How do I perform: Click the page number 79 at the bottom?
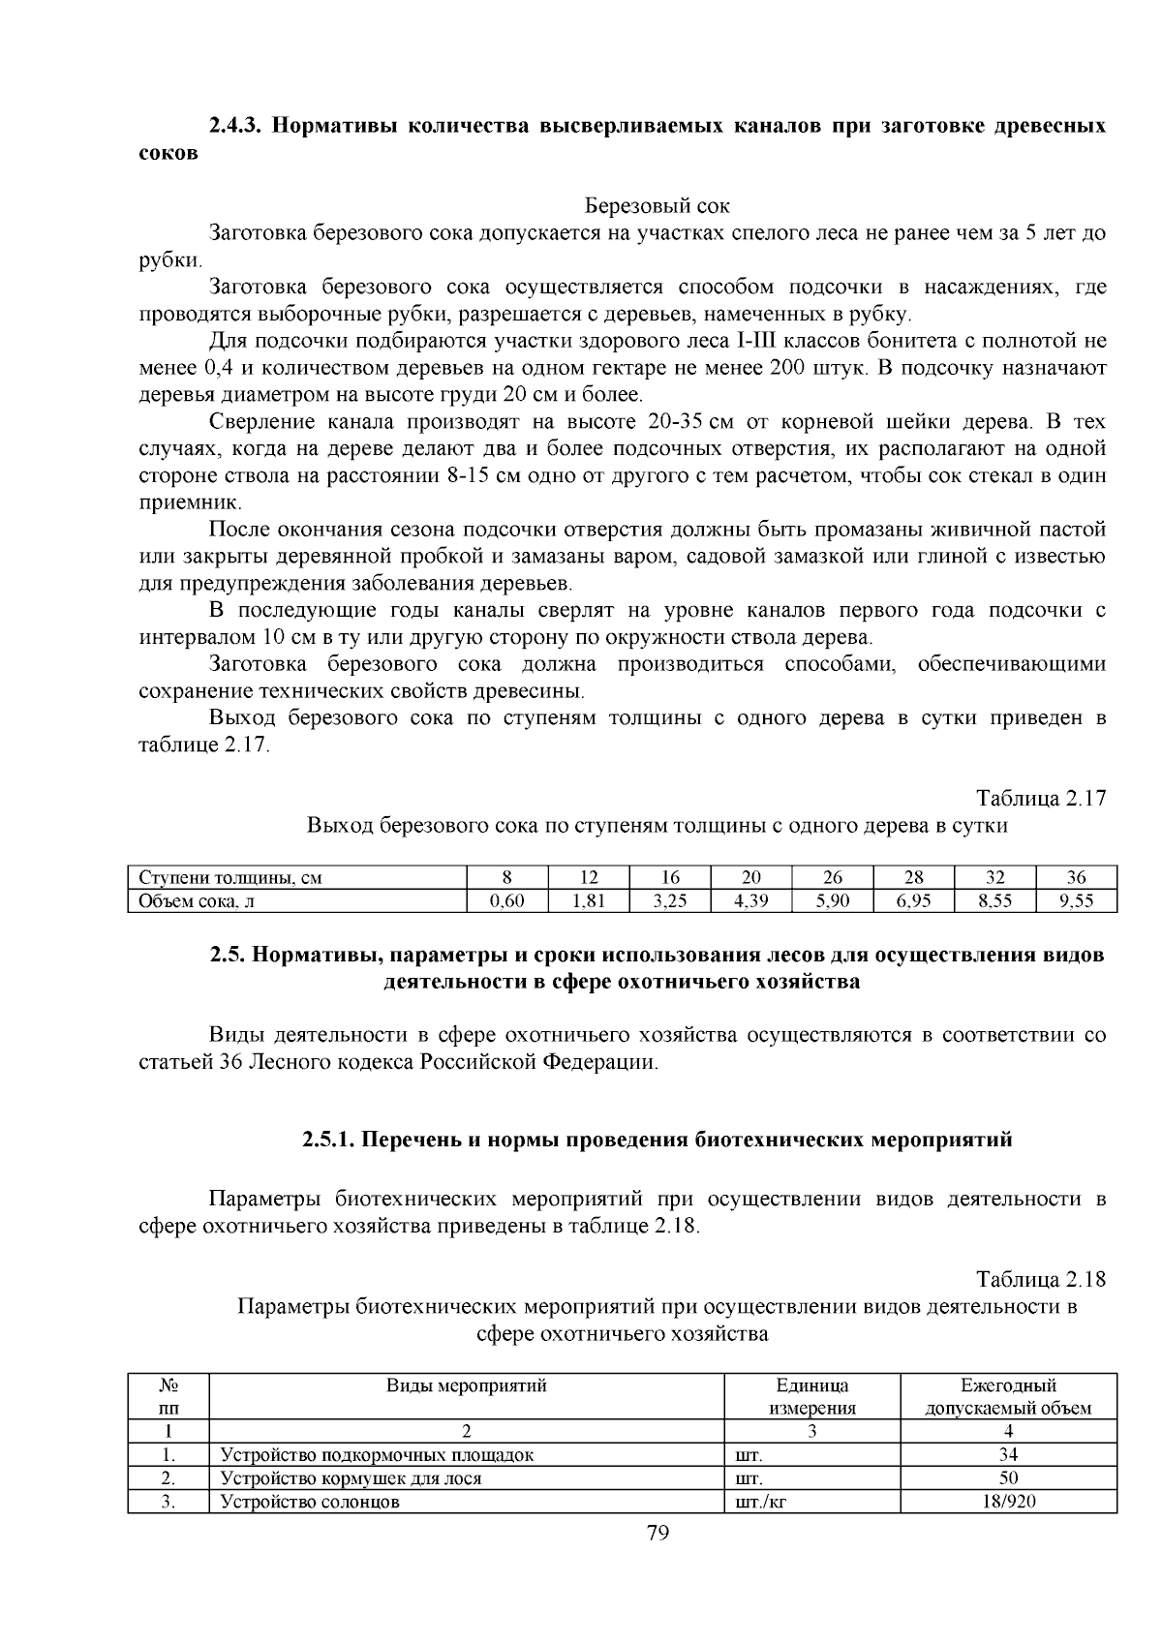point(657,1532)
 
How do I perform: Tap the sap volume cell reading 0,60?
point(507,901)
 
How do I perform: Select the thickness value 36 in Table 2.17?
point(1076,878)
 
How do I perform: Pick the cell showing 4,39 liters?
point(750,901)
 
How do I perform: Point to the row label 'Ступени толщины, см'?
point(230,878)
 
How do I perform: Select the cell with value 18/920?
point(1008,1502)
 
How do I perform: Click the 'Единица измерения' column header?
point(811,1396)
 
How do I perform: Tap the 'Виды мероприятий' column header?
point(467,1385)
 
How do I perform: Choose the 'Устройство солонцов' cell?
point(310,1502)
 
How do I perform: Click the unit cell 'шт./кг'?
point(760,1502)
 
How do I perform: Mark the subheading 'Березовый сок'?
point(657,206)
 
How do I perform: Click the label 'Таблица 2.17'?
point(1041,799)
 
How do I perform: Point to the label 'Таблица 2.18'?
point(1041,1279)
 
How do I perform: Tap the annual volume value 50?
point(1008,1478)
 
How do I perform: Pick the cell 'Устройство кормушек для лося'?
point(351,1478)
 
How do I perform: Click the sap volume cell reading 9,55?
point(1076,901)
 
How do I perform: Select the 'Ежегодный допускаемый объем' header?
point(1008,1396)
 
